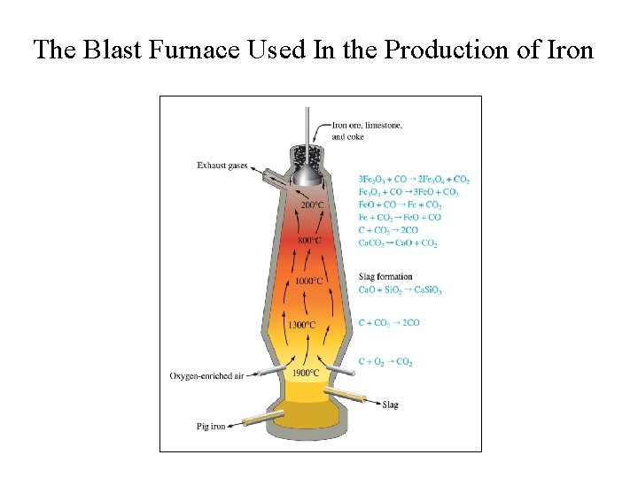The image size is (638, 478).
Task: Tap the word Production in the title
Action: coord(468,50)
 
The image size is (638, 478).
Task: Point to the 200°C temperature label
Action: coord(313,204)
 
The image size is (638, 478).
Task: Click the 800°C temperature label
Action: coord(311,240)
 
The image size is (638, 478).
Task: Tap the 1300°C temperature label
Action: coord(301,324)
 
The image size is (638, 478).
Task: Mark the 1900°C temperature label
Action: coord(307,373)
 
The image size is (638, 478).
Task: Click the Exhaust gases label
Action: coord(222,166)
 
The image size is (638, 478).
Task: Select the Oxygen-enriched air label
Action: coord(206,376)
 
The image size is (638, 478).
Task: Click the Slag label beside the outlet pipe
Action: coord(390,405)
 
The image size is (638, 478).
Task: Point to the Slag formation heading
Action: coord(385,277)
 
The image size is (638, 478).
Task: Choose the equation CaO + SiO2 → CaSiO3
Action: coord(400,290)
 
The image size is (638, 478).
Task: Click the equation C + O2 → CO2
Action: coord(385,361)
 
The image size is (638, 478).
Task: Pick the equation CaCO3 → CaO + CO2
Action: coord(398,242)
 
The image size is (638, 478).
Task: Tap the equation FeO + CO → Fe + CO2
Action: coord(400,204)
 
